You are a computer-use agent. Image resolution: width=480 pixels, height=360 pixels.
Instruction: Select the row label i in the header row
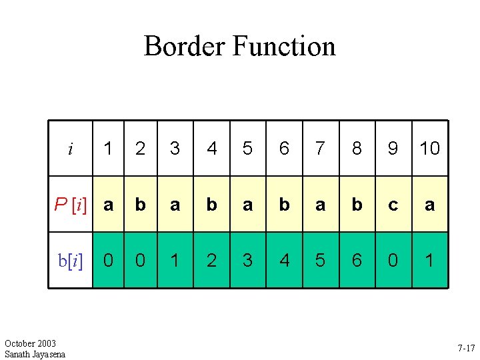coord(71,149)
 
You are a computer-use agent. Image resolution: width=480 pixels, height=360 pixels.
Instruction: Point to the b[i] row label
coord(71,259)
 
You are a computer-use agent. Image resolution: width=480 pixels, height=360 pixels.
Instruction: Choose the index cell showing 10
coord(430,149)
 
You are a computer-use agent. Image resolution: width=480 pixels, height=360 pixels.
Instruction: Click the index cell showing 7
coord(321,149)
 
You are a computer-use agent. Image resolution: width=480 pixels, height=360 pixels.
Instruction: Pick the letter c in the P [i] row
coord(393,204)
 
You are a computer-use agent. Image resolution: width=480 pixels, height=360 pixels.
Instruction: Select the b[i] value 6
coord(357,259)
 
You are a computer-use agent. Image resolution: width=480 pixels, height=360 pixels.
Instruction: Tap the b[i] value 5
coord(321,259)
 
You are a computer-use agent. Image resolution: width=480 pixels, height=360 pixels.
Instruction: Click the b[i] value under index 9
coord(393,259)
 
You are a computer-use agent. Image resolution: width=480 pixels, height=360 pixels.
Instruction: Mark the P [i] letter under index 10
coord(430,204)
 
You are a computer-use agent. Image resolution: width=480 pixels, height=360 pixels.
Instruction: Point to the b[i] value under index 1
coord(109,259)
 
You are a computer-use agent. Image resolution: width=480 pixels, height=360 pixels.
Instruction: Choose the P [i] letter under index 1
coord(109,204)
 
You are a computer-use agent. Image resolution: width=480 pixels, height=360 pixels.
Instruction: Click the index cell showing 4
coord(212,149)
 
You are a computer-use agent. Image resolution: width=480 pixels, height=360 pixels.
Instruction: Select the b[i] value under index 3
coord(175,259)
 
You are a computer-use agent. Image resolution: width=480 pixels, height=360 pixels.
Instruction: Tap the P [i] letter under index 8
coord(357,204)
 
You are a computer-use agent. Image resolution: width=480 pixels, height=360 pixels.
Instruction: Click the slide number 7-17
coord(466,348)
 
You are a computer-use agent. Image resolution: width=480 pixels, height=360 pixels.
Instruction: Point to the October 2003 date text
coord(30,343)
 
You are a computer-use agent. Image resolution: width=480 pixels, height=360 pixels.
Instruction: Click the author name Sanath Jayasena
coord(35,354)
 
